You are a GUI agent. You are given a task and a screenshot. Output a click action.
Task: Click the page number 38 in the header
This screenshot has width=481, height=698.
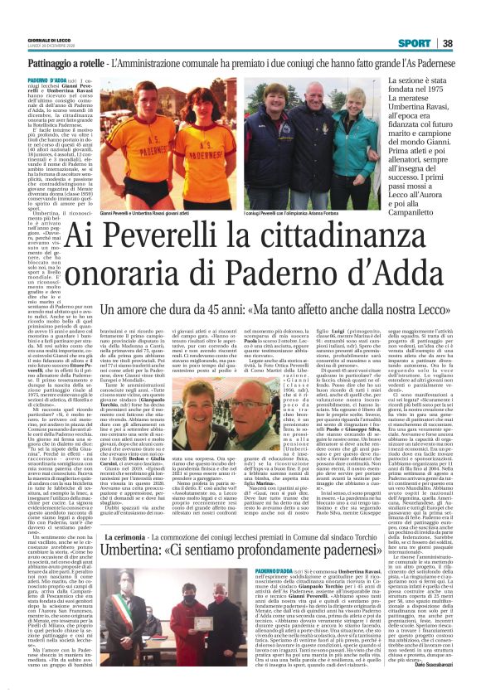tap(470, 42)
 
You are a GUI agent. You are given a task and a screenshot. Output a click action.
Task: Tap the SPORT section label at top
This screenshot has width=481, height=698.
tap(437, 42)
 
